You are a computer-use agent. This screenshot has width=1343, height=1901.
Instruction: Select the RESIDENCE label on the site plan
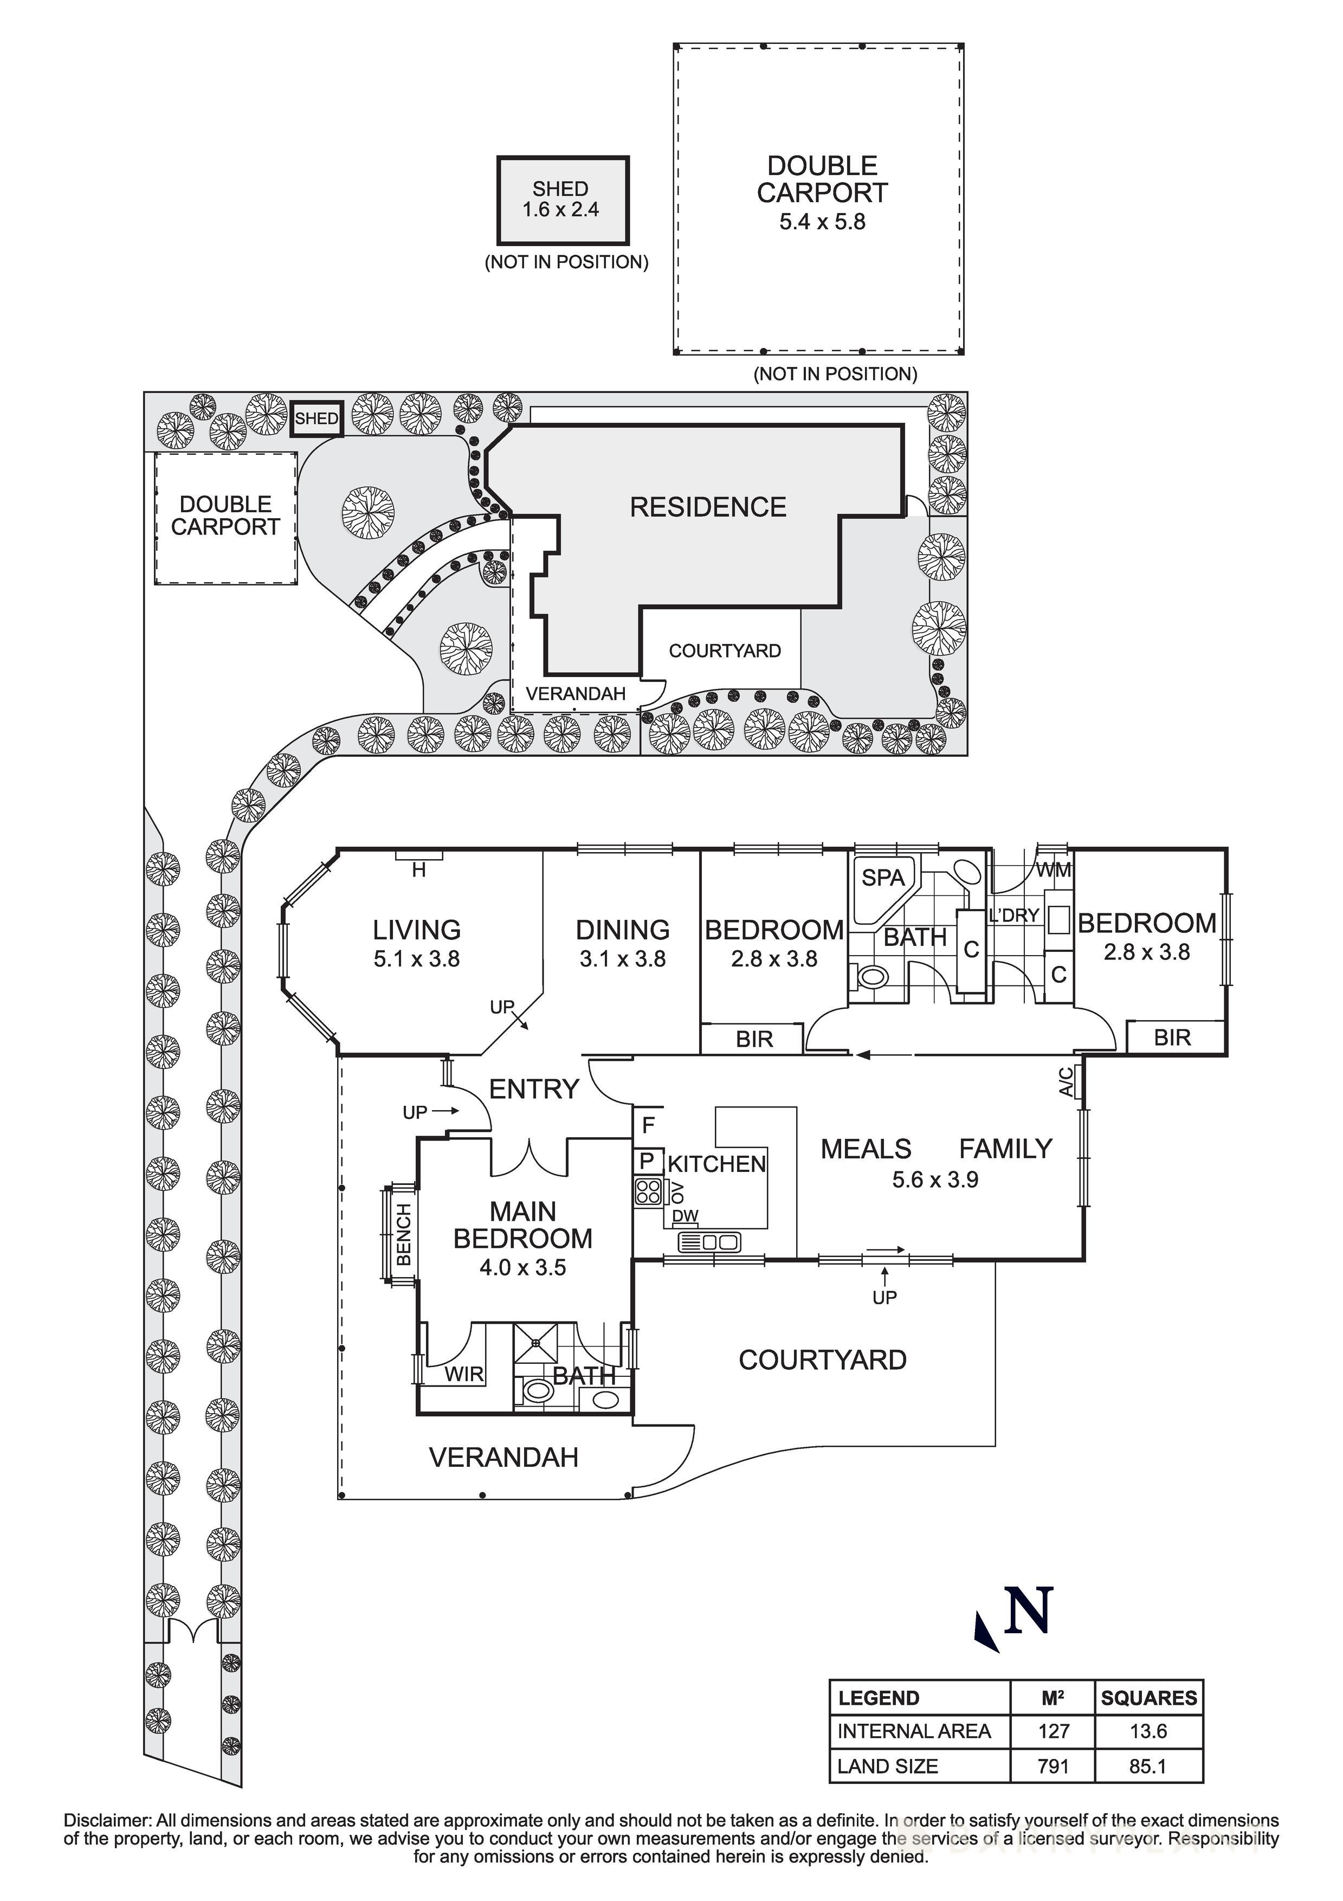(x=708, y=507)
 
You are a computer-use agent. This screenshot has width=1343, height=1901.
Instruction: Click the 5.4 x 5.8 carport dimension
(x=822, y=222)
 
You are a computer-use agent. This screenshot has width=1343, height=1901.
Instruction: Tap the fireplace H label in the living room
(x=419, y=869)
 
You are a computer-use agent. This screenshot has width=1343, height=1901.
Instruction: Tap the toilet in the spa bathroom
(x=870, y=977)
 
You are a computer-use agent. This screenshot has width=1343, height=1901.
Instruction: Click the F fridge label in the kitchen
(x=648, y=1124)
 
